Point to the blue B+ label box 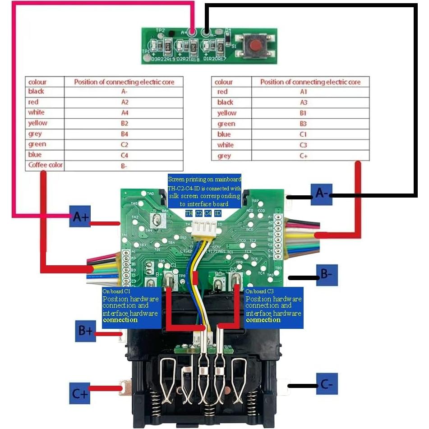(86, 331)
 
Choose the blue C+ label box (80, 392)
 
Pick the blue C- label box (327, 385)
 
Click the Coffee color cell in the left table (45, 165)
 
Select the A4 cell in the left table (125, 112)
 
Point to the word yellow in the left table (37, 123)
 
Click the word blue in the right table (224, 134)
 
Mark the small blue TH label (189, 212)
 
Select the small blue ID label (217, 212)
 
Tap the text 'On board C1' (116, 291)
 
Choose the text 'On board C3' (260, 291)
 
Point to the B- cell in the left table (125, 166)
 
